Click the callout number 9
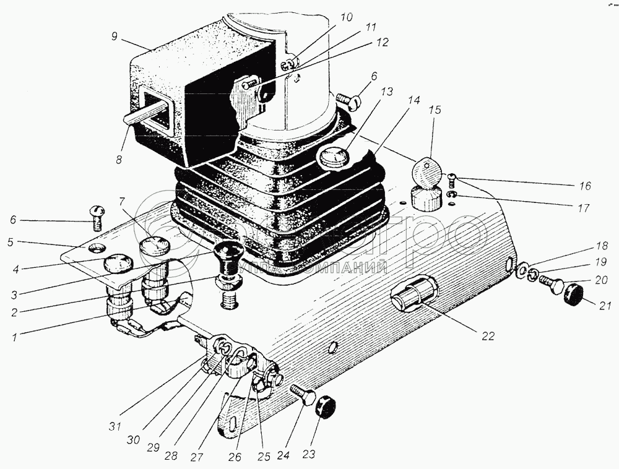point(114,37)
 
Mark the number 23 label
point(308,454)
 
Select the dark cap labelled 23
point(324,408)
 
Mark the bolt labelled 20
point(550,285)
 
